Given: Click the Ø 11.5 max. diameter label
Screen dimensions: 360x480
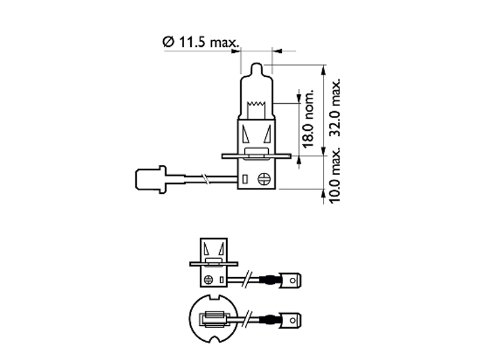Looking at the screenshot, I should coord(200,42).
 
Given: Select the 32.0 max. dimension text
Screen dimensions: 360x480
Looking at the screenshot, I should coord(335,108).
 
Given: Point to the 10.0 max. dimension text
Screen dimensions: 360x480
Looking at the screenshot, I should coord(335,178).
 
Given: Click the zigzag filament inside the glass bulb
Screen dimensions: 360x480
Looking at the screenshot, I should coord(257,107).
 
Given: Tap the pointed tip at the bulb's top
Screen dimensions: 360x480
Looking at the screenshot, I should coord(256,65).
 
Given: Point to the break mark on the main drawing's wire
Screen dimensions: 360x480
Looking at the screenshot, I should coord(206,178).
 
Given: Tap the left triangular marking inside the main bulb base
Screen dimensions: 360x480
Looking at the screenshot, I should coord(247,133).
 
